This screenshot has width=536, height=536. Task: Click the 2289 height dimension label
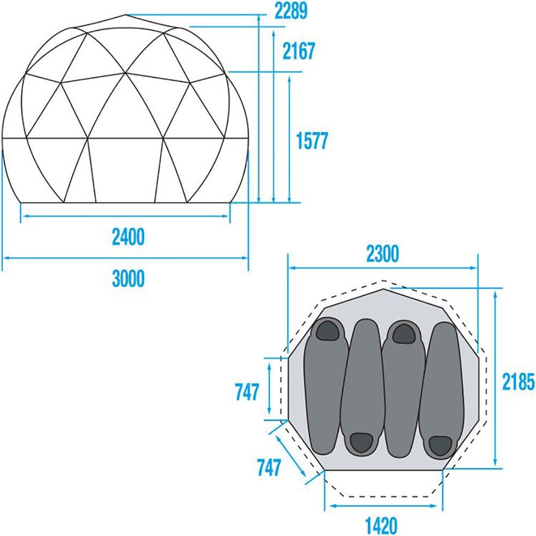(291, 11)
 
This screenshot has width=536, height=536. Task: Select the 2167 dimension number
(299, 51)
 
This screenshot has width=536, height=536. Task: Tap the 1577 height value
(312, 141)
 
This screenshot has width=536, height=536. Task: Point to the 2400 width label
(129, 237)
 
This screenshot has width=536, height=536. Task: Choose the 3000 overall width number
(129, 278)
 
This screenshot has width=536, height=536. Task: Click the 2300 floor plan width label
(383, 254)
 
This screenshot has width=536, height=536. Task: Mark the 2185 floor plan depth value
(518, 382)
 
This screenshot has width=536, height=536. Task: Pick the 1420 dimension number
(381, 526)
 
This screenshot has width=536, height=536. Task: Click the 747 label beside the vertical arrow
(247, 392)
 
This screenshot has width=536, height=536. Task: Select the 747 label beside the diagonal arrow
(269, 467)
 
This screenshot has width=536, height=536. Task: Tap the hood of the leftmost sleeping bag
(327, 330)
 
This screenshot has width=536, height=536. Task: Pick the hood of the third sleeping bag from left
(404, 333)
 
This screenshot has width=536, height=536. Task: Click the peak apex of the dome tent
(126, 14)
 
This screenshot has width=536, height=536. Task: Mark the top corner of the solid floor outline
(384, 289)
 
